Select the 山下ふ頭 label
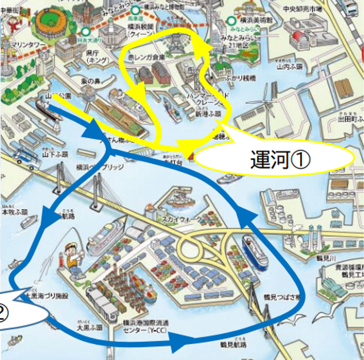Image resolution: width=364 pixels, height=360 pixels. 55,154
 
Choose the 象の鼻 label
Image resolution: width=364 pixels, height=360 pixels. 90,82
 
